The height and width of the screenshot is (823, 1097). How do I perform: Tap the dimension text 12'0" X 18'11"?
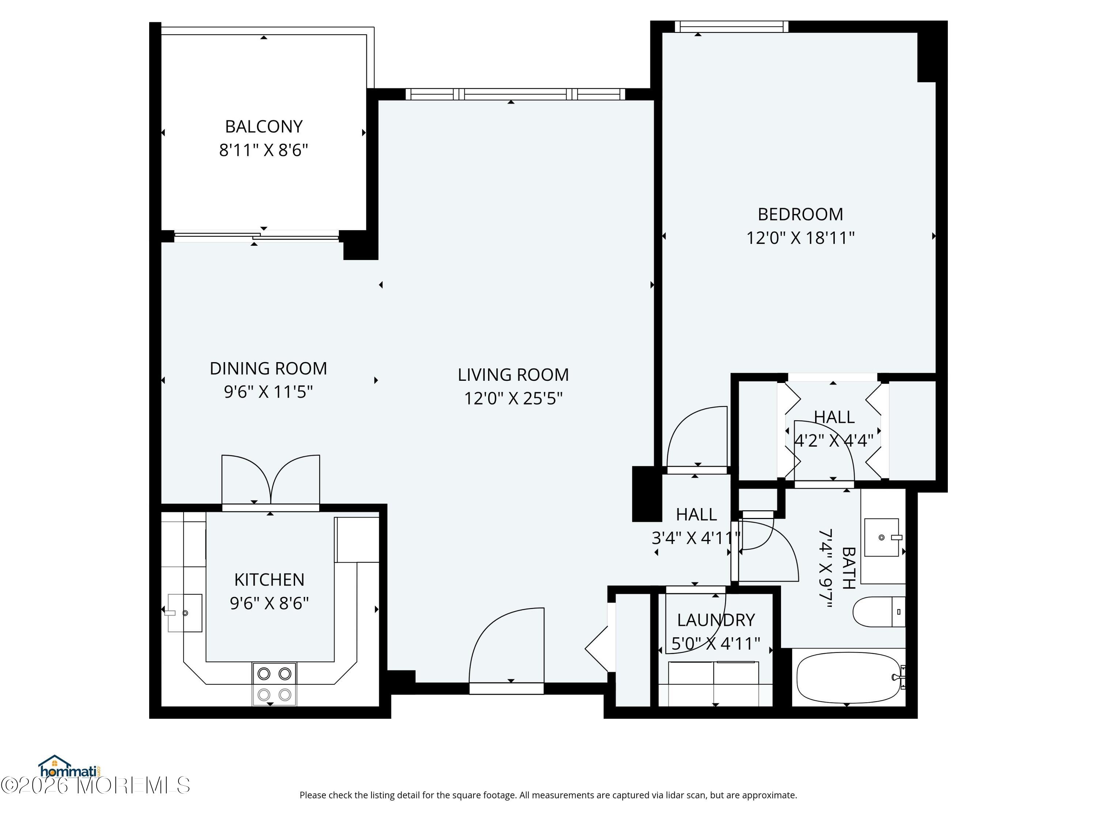click(x=800, y=238)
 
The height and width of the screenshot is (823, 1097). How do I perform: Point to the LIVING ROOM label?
click(x=513, y=375)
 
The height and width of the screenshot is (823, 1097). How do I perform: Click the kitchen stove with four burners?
click(x=274, y=684)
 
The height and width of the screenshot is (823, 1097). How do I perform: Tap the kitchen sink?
click(x=185, y=613)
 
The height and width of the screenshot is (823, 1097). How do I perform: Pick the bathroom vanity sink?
click(x=881, y=537)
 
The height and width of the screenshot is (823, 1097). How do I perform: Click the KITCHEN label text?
click(x=269, y=579)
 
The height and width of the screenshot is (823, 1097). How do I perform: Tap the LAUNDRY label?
click(x=716, y=620)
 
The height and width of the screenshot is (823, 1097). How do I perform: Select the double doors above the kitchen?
click(x=270, y=480)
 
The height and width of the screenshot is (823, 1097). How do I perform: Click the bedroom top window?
click(x=731, y=27)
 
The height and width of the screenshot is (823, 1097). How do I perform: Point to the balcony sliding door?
click(x=256, y=237)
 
